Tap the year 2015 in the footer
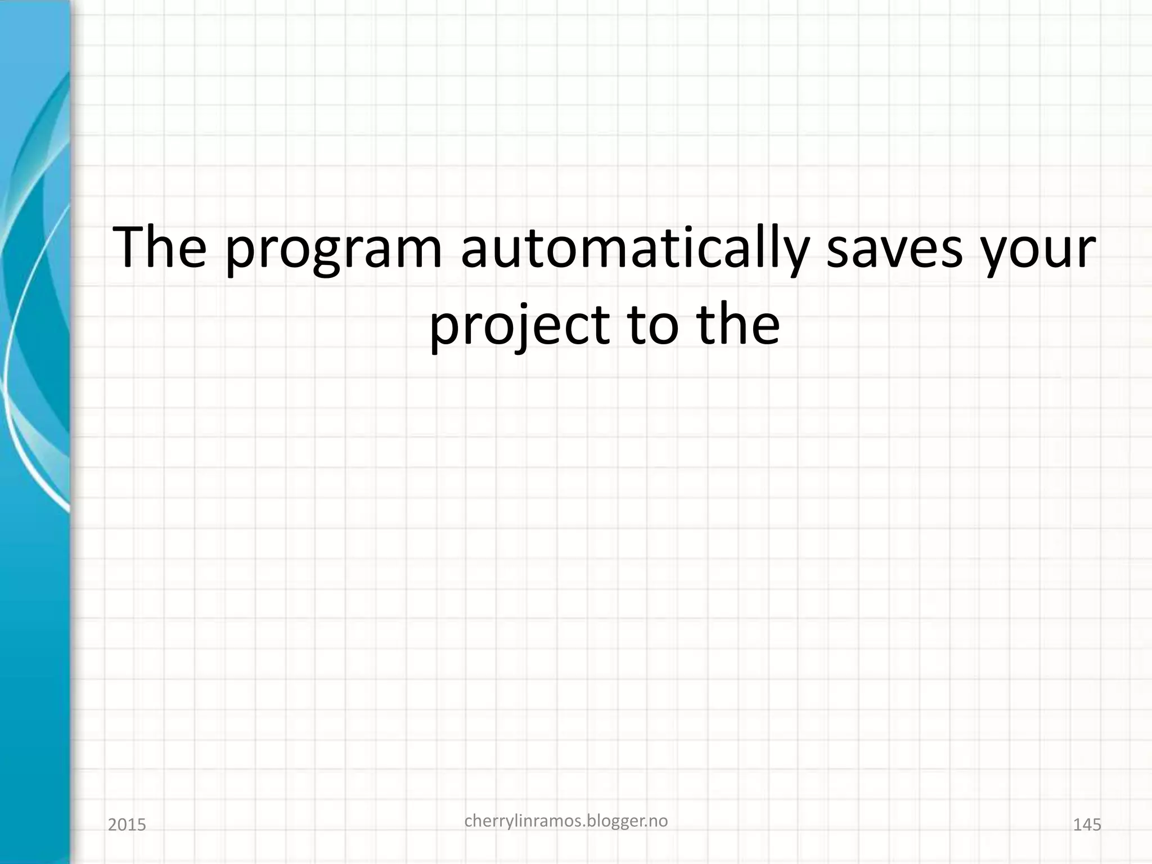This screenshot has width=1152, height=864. tap(127, 825)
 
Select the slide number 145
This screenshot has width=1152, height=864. tap(1087, 825)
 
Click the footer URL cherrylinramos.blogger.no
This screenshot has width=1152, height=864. tap(566, 822)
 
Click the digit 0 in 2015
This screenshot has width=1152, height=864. tap(121, 825)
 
